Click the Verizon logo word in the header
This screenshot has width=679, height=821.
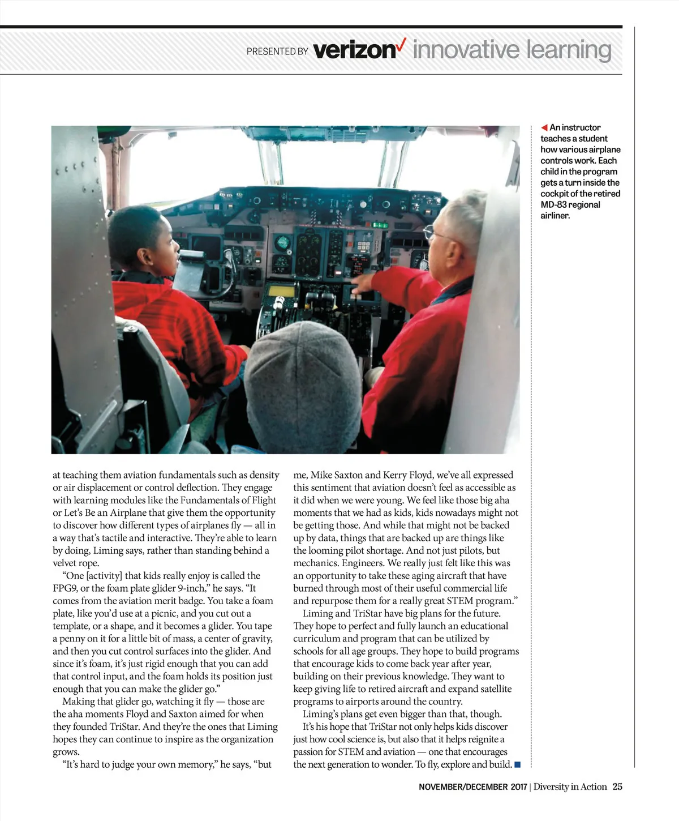point(354,50)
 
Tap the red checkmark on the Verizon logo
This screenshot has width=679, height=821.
point(401,44)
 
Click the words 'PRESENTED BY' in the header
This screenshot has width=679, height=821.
point(277,52)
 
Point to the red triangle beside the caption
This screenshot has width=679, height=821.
point(544,127)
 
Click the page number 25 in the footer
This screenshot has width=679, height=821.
point(617,786)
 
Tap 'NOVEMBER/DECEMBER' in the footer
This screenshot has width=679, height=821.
point(463,787)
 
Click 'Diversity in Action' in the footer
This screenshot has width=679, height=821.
point(570,786)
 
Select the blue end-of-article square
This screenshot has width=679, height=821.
point(517,766)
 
